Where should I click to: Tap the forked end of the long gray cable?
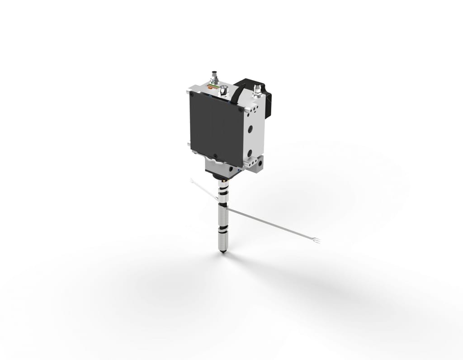click(317, 240)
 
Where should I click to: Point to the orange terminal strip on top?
click(212, 86)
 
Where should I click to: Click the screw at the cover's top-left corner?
click(192, 95)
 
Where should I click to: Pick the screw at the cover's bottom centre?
click(216, 156)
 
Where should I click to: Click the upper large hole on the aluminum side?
click(250, 129)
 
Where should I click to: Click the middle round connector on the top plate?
click(223, 91)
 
